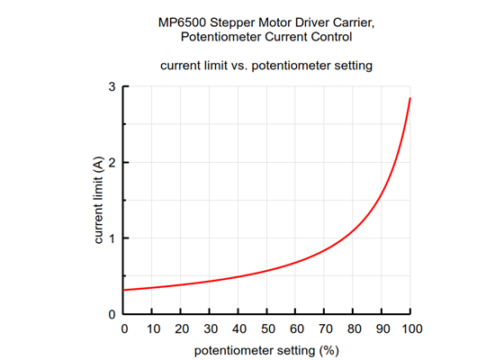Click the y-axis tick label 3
[112, 86]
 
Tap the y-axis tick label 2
[112, 162]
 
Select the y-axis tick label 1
[112, 238]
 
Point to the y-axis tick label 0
[112, 314]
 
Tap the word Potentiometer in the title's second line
[221, 37]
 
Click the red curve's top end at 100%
[410, 98]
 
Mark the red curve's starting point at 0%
[125, 290]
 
